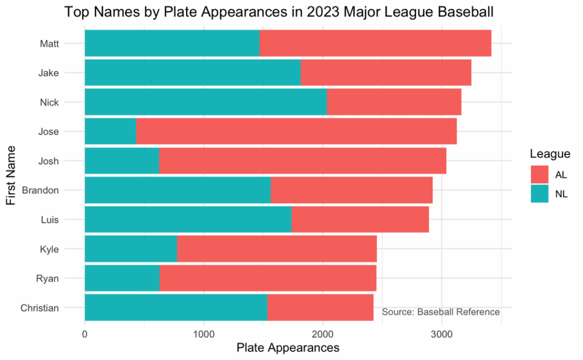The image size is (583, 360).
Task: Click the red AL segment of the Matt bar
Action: point(375,43)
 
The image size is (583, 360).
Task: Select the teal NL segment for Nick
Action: point(206,102)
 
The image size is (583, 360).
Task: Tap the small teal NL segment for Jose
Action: point(110,132)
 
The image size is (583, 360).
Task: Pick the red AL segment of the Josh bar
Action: point(302,161)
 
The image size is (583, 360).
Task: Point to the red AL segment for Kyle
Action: point(277,249)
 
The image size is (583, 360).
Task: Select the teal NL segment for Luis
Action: point(188,220)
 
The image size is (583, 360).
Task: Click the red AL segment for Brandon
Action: point(351,190)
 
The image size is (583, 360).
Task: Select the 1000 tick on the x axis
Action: point(204,333)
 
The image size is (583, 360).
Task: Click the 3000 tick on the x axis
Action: point(441,333)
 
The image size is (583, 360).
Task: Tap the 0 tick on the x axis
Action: point(85,333)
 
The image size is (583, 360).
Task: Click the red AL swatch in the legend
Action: point(539,174)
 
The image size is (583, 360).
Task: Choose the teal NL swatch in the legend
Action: point(539,194)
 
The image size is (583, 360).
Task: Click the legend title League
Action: point(549,154)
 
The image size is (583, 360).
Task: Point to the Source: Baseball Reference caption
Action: point(441,312)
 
